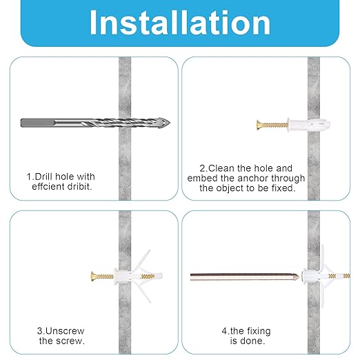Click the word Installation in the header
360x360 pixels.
click(x=180, y=23)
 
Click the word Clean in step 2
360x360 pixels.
click(x=225, y=168)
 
